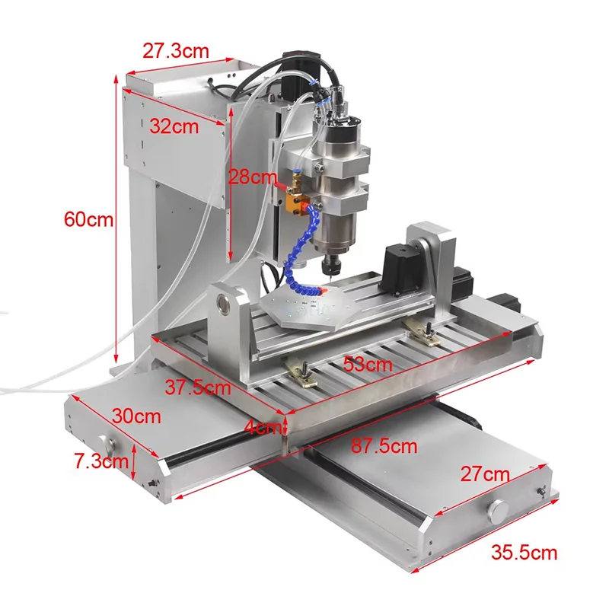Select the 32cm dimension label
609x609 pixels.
pos(174,126)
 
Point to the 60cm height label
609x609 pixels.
pos(88,220)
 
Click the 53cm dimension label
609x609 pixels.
pos(367,364)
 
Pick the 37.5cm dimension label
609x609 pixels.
pos(197,387)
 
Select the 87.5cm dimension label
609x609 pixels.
pos(384,446)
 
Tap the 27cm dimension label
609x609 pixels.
pos(485,474)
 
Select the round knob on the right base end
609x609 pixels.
pos(499,509)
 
